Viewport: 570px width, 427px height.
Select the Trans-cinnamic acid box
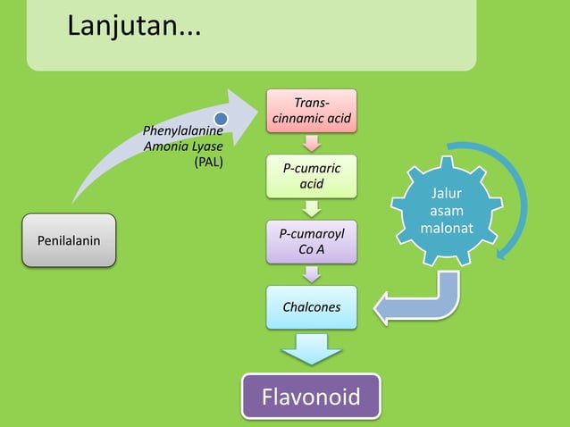[310, 111]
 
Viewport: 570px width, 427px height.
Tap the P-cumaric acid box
[311, 176]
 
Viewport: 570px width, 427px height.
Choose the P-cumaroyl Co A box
[311, 241]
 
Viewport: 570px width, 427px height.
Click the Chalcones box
[311, 306]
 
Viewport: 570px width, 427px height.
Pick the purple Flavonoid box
[311, 396]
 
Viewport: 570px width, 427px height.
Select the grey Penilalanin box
[69, 240]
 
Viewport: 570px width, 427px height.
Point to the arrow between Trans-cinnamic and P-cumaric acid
[311, 143]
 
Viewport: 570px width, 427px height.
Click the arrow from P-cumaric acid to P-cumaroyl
[311, 208]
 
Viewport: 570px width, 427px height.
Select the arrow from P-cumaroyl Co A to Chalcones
[311, 274]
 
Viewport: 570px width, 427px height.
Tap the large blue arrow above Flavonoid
[311, 348]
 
